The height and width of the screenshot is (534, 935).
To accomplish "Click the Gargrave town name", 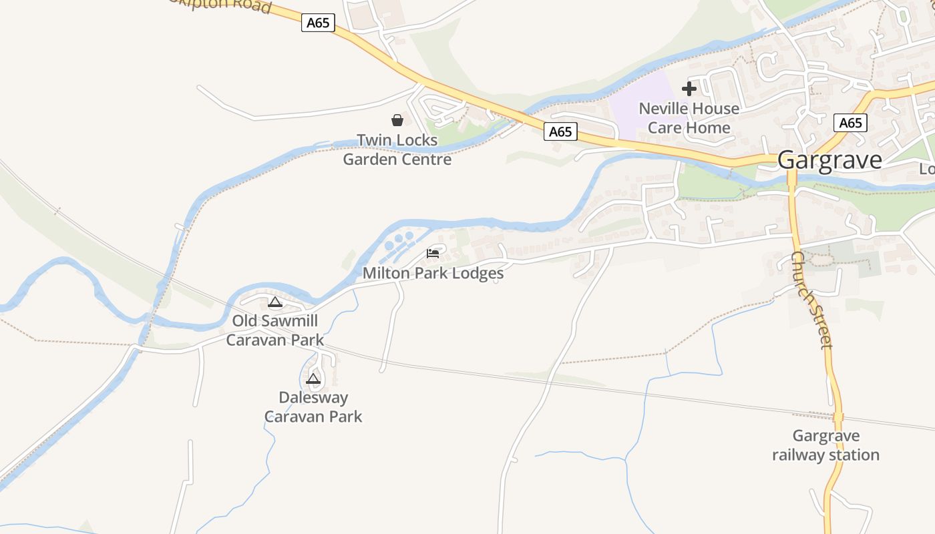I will (829, 160).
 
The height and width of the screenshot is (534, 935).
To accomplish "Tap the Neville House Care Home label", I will (689, 118).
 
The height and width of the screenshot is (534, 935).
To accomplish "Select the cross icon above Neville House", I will (689, 89).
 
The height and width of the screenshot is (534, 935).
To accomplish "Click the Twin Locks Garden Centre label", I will (397, 150).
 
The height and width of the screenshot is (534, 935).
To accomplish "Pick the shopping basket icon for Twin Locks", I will (397, 120).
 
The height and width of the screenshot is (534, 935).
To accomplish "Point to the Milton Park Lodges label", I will (433, 273).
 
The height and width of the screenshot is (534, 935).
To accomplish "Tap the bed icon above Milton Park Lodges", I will (433, 254).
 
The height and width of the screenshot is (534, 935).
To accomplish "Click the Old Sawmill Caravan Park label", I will (274, 330).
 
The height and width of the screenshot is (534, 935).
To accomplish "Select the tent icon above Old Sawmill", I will (274, 302).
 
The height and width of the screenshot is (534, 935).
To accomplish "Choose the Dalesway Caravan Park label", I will (313, 407).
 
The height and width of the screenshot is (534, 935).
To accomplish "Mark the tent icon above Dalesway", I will (313, 379).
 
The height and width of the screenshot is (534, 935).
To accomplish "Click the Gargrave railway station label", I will (825, 445).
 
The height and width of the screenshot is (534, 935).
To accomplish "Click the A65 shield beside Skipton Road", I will (318, 23).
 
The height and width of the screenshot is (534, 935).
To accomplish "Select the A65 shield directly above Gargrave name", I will (850, 123).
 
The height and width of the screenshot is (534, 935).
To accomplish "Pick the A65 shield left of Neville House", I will (560, 131).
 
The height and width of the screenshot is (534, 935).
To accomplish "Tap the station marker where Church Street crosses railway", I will (838, 417).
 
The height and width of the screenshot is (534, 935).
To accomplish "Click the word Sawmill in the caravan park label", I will (289, 321).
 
